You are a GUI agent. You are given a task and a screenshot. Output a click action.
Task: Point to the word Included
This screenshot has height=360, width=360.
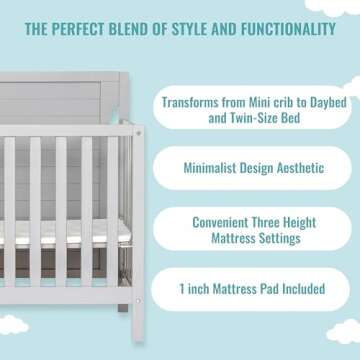point(298,289)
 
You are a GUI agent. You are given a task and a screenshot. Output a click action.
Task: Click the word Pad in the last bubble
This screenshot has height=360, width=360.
point(258,289)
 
